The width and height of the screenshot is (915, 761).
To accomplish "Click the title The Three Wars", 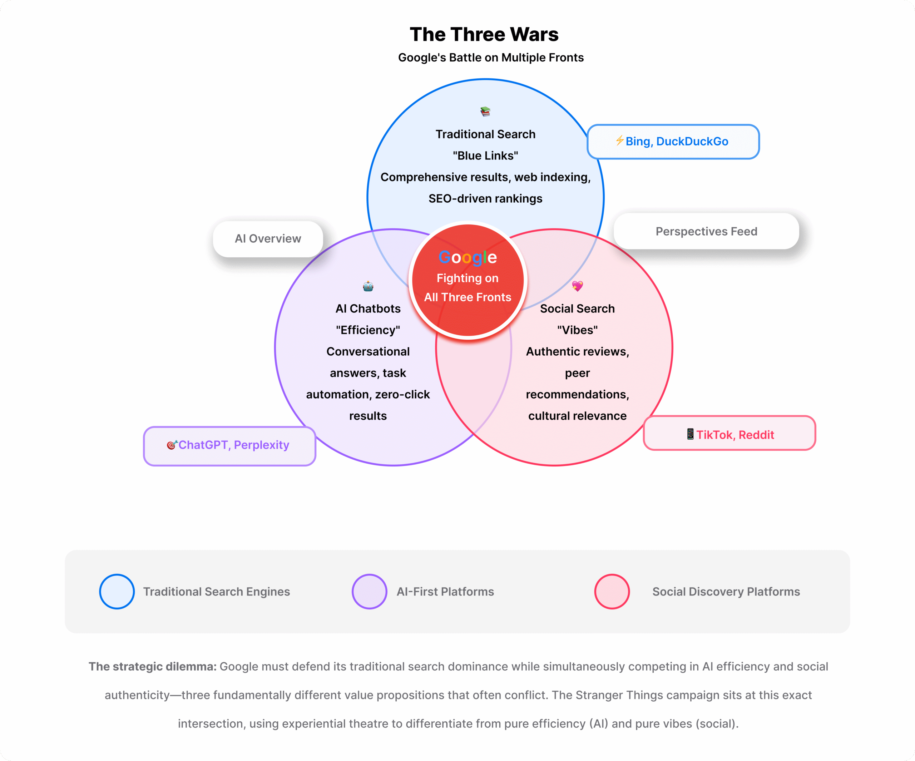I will pyautogui.click(x=484, y=34).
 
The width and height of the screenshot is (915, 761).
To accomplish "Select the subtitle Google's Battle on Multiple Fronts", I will pyautogui.click(x=491, y=58).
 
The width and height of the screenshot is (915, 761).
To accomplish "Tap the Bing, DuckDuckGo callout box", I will pyautogui.click(x=673, y=142).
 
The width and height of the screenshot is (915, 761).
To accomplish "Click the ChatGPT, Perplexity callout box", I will pyautogui.click(x=229, y=445).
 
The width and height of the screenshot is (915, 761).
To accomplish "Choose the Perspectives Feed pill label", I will pyautogui.click(x=706, y=231).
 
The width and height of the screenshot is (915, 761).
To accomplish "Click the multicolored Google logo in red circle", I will pyautogui.click(x=468, y=258).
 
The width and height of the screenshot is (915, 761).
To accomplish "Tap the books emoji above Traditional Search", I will pyautogui.click(x=485, y=112).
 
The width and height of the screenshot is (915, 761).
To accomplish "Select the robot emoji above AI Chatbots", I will pyautogui.click(x=368, y=286).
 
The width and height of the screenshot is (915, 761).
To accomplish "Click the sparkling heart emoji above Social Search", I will pyautogui.click(x=577, y=286).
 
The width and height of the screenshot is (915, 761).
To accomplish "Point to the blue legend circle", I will pyautogui.click(x=117, y=592).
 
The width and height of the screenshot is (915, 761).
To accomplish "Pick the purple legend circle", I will pyautogui.click(x=370, y=592).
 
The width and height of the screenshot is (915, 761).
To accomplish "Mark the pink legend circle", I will pyautogui.click(x=612, y=592).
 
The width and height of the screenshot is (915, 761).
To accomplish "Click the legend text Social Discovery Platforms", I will pyautogui.click(x=726, y=592).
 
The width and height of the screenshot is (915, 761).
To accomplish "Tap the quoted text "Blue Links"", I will pyautogui.click(x=485, y=155).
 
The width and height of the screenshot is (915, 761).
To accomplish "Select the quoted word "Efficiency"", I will pyautogui.click(x=368, y=330).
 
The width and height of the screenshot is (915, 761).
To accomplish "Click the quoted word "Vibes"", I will pyautogui.click(x=577, y=330).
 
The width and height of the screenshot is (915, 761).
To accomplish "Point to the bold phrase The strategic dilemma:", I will pyautogui.click(x=153, y=666).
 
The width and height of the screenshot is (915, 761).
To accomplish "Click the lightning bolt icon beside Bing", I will pyautogui.click(x=619, y=140).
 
